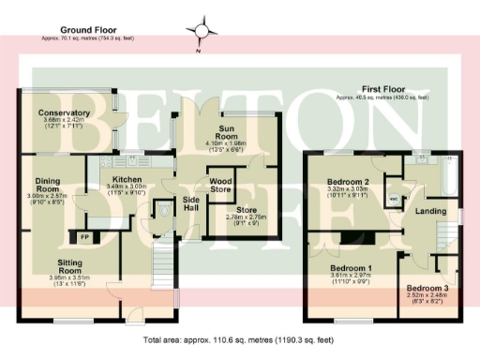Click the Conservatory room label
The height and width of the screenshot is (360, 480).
click(64, 113)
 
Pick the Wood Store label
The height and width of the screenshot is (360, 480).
click(220, 184)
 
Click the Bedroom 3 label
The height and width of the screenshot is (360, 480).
click(427, 287)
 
